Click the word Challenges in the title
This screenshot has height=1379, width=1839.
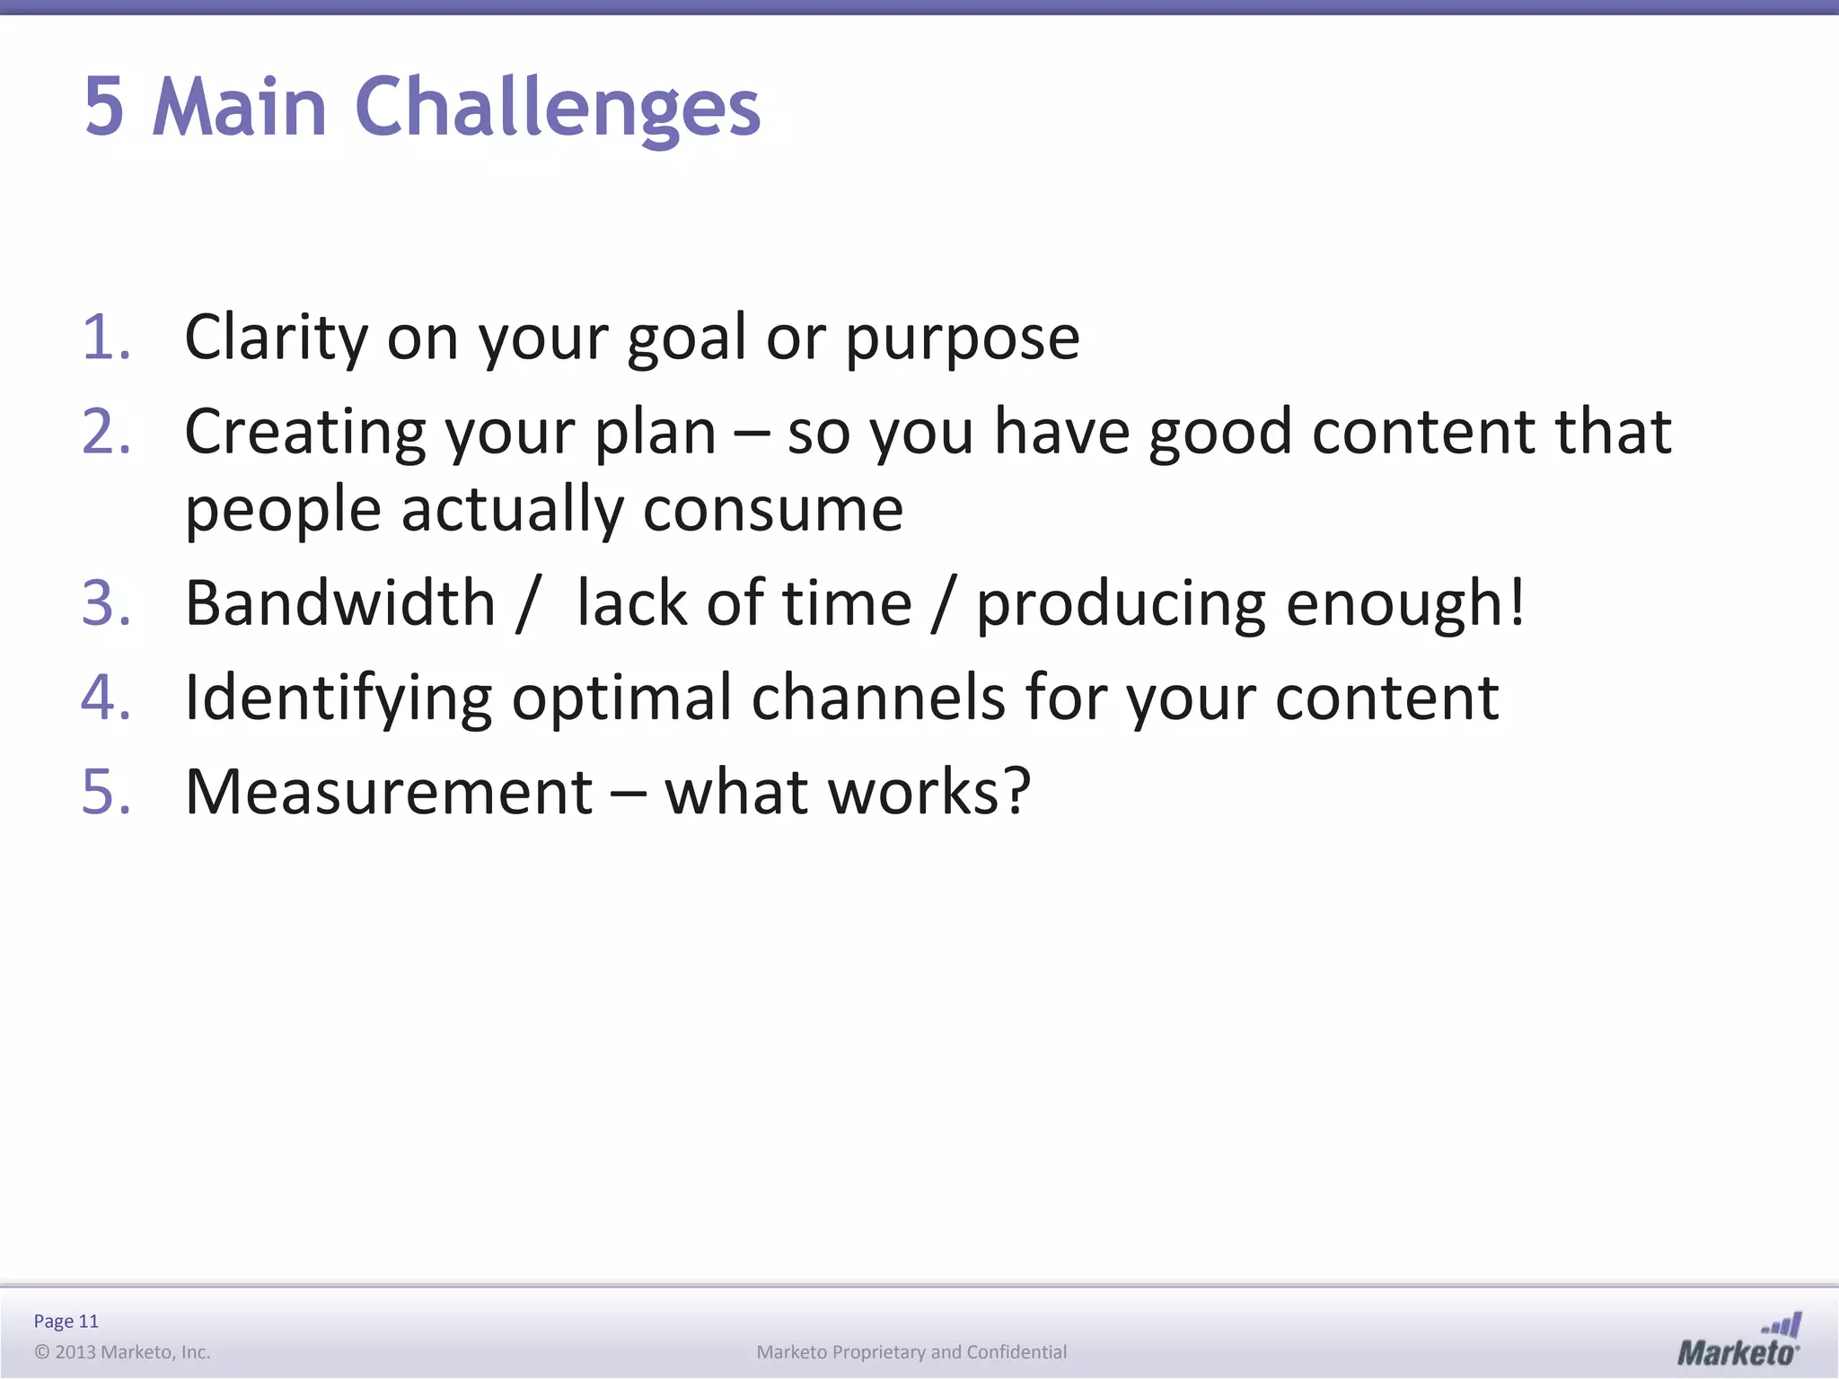558,109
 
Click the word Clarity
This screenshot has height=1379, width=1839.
276,339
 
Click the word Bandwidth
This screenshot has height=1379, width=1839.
340,602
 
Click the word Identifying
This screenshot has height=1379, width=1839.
338,699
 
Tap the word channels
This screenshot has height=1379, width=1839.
877,698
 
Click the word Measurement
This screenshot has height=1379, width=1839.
388,792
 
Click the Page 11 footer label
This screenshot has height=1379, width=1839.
66,1321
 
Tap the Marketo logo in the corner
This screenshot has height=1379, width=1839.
1738,1340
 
